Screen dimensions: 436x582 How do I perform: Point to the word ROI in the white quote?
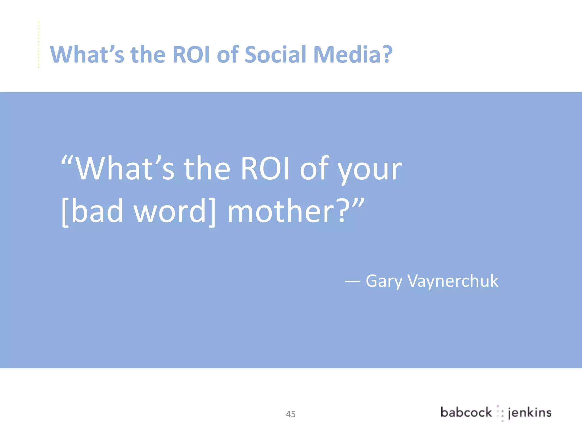pos(265,169)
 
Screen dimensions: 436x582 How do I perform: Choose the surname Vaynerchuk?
pos(453,281)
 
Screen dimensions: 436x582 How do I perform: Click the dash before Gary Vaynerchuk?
pos(352,281)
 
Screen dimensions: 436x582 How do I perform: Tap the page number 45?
pos(291,414)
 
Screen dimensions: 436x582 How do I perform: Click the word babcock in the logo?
pos(466,412)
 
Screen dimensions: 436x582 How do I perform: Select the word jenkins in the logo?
pos(529,413)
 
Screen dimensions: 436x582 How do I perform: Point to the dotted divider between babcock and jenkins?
pos(500,413)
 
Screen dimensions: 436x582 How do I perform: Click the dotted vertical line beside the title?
pos(39,45)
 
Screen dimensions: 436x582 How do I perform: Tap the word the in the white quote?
pos(207,169)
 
